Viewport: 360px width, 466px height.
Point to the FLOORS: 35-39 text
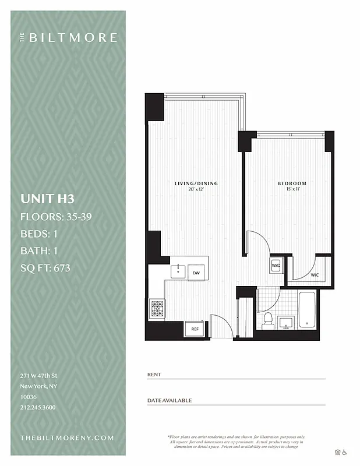(x=57, y=217)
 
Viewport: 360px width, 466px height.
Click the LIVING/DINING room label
(x=196, y=183)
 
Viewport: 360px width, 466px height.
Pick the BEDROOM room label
(x=292, y=183)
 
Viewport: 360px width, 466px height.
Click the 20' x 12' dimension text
(x=196, y=190)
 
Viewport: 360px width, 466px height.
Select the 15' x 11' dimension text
(x=292, y=190)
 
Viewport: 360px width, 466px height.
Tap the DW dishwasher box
(x=196, y=272)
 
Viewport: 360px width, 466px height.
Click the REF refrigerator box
(x=195, y=330)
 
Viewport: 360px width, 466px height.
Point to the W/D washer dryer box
(x=276, y=266)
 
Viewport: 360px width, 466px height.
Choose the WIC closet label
(x=315, y=275)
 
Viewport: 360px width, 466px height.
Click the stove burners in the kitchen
(x=157, y=308)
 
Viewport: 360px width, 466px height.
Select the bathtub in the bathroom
(x=308, y=311)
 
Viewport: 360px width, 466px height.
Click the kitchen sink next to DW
(x=178, y=271)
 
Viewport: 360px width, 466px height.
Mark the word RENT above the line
(x=154, y=374)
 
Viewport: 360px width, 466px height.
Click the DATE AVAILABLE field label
(x=170, y=400)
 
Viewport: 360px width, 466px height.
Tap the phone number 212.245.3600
(x=38, y=407)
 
